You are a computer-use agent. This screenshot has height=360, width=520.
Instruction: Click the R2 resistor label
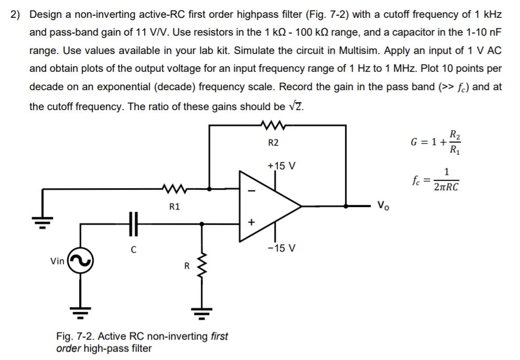coord(273,143)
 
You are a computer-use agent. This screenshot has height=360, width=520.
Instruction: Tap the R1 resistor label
coord(175,207)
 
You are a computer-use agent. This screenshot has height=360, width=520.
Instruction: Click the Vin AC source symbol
coord(81,260)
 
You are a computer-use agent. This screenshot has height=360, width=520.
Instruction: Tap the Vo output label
coord(384,205)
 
